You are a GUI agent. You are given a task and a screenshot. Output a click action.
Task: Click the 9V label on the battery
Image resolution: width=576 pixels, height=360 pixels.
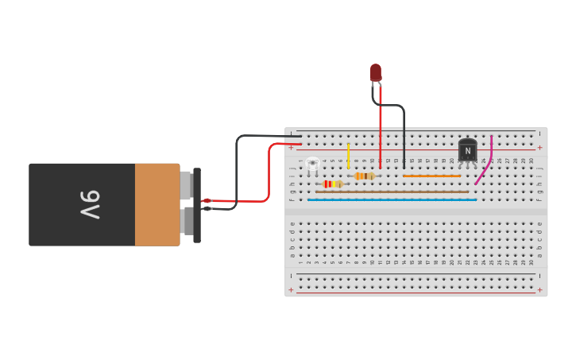pyautogui.click(x=89, y=204)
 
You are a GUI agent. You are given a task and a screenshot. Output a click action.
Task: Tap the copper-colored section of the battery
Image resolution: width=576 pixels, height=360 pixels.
pyautogui.click(x=157, y=204)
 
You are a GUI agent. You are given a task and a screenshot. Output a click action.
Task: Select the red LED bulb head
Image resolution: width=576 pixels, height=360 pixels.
pyautogui.click(x=375, y=72)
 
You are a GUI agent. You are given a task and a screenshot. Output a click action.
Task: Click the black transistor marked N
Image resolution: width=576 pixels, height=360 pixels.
pyautogui.click(x=467, y=150)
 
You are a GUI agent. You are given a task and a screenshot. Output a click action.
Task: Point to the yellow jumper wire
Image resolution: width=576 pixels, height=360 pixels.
pyautogui.click(x=348, y=155)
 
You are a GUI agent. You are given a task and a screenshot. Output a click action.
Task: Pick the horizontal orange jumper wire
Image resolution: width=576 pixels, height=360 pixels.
pyautogui.click(x=431, y=176)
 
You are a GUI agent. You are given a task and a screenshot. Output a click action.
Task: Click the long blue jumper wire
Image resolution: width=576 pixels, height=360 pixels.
pyautogui.click(x=392, y=199)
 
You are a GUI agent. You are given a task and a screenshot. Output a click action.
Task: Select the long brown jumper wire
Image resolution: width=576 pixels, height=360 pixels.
pyautogui.click(x=392, y=192)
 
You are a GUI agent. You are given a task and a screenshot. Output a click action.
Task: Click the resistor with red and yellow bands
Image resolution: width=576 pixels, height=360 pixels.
pyautogui.click(x=331, y=184)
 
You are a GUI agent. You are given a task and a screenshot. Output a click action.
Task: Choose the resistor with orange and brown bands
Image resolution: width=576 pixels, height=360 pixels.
pyautogui.click(x=365, y=176)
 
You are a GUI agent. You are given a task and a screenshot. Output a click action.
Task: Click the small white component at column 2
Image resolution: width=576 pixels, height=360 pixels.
pyautogui.click(x=312, y=164)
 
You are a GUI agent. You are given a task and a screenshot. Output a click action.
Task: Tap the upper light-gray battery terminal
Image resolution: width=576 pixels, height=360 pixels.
pyautogui.click(x=186, y=184)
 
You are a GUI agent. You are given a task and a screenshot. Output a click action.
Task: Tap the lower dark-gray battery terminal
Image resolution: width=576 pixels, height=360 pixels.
pyautogui.click(x=186, y=221)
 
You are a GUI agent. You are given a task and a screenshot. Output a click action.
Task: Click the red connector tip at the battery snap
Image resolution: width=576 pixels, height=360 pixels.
pyautogui.click(x=207, y=200)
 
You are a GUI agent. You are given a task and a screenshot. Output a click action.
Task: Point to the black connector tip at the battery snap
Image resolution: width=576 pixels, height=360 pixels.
pyautogui.click(x=207, y=208)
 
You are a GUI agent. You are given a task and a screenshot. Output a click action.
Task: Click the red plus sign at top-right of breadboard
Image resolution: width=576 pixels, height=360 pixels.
pyautogui.click(x=539, y=147)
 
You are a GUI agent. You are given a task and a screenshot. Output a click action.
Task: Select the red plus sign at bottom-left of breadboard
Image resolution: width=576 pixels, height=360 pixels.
pyautogui.click(x=291, y=289)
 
